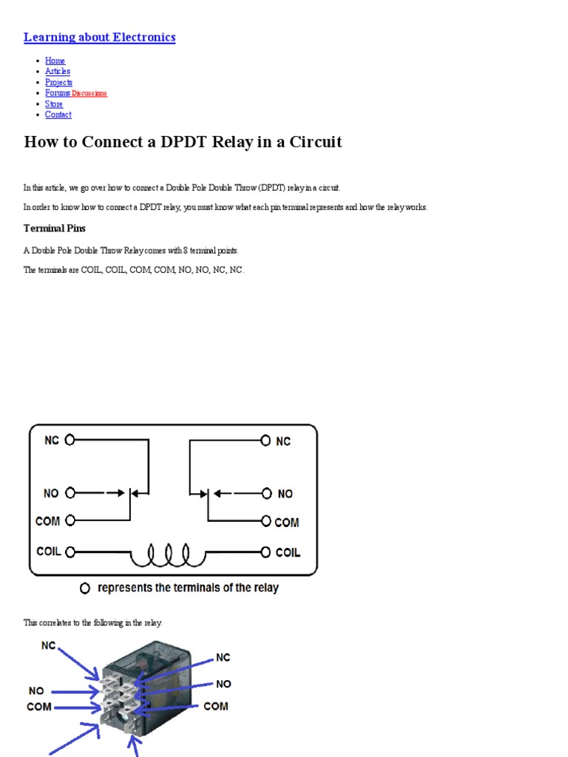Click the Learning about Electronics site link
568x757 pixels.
pyautogui.click(x=99, y=37)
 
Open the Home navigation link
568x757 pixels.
pyautogui.click(x=55, y=61)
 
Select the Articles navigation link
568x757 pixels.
pyautogui.click(x=58, y=71)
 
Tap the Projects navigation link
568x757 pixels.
pyautogui.click(x=58, y=82)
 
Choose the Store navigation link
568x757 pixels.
pyautogui.click(x=54, y=104)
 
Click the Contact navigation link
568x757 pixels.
pyautogui.click(x=58, y=115)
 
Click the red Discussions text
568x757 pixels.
pyautogui.click(x=89, y=93)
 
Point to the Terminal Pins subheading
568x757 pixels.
pyautogui.click(x=55, y=228)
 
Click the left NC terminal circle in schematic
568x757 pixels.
pyautogui.click(x=70, y=440)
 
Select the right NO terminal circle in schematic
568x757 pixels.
pyautogui.click(x=266, y=493)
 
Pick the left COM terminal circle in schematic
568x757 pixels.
pyautogui.click(x=70, y=520)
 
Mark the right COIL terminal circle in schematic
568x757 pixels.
pyautogui.click(x=266, y=551)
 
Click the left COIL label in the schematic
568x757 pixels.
pyautogui.click(x=49, y=551)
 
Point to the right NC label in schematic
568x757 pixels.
pyautogui.click(x=283, y=441)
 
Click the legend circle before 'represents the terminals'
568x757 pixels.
pyautogui.click(x=85, y=588)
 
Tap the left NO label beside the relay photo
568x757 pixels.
pyautogui.click(x=36, y=690)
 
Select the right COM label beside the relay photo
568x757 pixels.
pyautogui.click(x=216, y=706)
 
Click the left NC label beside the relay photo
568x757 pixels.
pyautogui.click(x=48, y=645)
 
